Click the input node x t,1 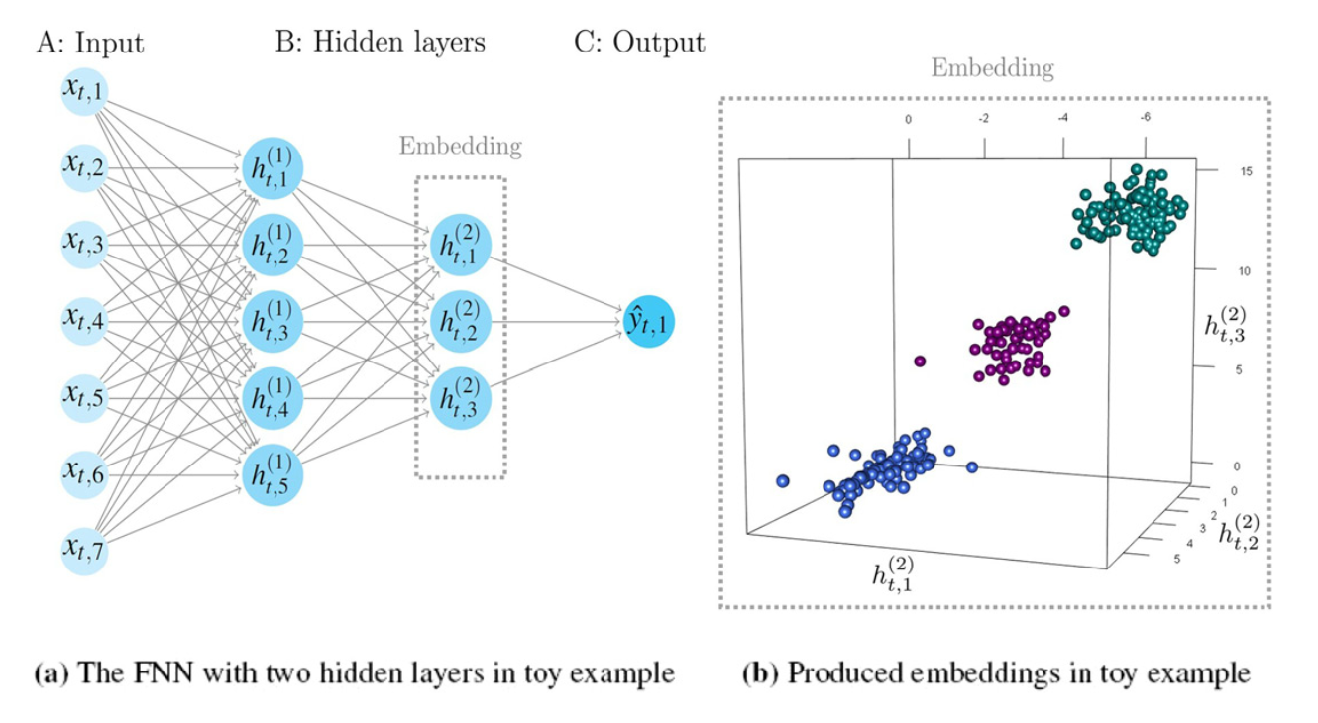click(x=86, y=92)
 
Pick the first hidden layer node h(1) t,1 click(x=271, y=170)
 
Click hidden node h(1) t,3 click(x=271, y=321)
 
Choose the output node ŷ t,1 click(x=649, y=322)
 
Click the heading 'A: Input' click(x=89, y=44)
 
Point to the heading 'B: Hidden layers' click(x=381, y=44)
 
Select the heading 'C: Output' click(x=639, y=44)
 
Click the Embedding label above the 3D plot click(x=992, y=68)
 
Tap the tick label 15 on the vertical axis click(x=1247, y=171)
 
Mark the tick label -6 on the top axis click(x=1146, y=118)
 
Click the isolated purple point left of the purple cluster click(x=921, y=361)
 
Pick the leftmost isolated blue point click(x=783, y=481)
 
